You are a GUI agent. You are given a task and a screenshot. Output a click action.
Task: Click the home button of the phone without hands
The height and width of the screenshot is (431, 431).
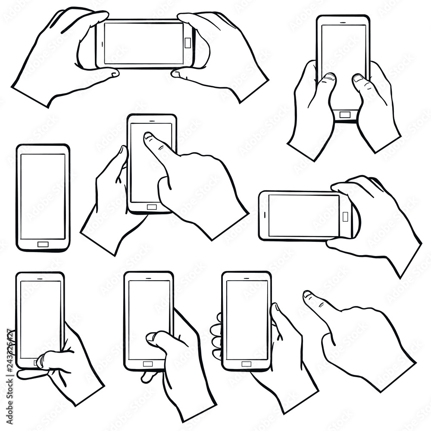tap(43, 244)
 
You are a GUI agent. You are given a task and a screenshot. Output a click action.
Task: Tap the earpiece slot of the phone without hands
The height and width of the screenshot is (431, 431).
tap(43, 150)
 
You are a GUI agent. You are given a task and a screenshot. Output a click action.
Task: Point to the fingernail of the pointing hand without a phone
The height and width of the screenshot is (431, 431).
tap(307, 295)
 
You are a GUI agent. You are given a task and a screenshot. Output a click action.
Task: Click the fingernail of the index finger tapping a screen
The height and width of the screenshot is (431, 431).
tap(148, 136)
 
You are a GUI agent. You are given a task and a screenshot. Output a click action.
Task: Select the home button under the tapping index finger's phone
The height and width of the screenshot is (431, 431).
tap(152, 207)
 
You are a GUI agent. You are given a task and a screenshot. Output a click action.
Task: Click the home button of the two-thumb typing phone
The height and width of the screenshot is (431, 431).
tap(344, 115)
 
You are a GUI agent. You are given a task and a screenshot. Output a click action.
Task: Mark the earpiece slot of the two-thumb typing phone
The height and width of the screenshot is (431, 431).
tap(344, 21)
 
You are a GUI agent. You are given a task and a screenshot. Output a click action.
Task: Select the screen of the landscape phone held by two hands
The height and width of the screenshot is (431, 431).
tap(144, 43)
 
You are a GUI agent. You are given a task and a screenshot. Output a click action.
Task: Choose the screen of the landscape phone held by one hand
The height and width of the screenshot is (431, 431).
tap(303, 215)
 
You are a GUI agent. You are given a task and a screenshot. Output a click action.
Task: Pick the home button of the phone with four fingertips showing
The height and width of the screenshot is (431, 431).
tap(246, 364)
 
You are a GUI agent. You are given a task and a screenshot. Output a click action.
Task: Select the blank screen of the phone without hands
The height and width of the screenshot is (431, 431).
tap(43, 196)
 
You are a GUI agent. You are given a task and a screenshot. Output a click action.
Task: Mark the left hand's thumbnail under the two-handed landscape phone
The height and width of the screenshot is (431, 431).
tap(115, 74)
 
